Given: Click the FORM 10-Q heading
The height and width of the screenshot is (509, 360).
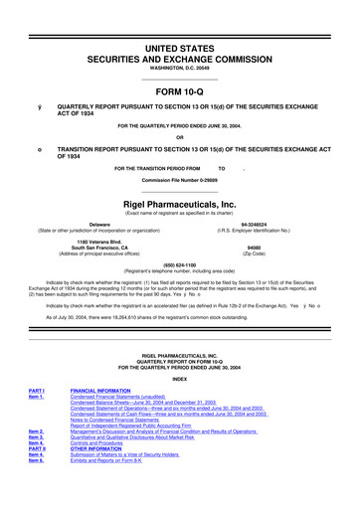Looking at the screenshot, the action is tap(179, 83).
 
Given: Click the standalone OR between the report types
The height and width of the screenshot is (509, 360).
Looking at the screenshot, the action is tap(179, 137).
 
